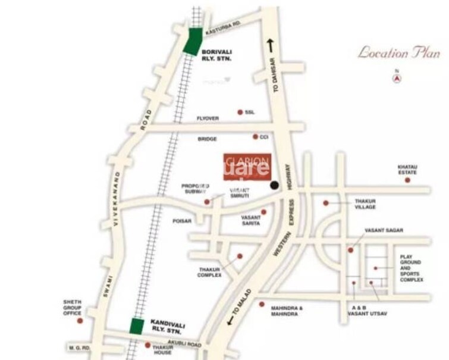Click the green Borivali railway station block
click(x=192, y=42)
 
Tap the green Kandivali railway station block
click(x=137, y=326)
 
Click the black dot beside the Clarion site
click(x=275, y=186)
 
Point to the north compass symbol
click(x=397, y=77)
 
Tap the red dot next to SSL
click(x=240, y=112)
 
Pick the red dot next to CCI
click(x=256, y=136)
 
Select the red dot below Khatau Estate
click(x=407, y=180)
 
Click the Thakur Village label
click(x=366, y=205)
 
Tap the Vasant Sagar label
click(x=384, y=230)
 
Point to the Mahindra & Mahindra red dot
click(x=262, y=304)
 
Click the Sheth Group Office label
click(x=72, y=308)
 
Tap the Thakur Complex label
click(x=209, y=272)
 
